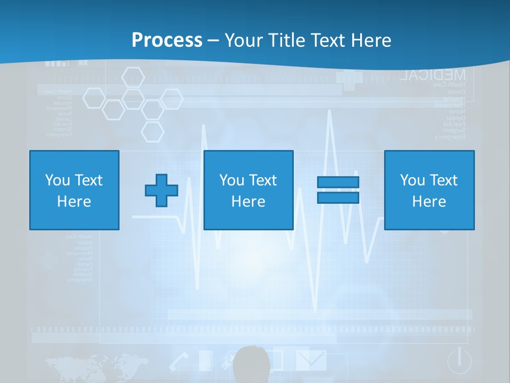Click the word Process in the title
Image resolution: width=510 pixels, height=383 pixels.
pos(167,40)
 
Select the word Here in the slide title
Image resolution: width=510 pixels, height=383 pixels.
pos(370,40)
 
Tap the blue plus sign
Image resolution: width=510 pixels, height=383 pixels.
pos(161,190)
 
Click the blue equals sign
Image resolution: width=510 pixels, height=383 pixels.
pos(338,190)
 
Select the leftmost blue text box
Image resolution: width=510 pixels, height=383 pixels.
pos(74,190)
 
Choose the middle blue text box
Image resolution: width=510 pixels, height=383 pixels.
pos(248,190)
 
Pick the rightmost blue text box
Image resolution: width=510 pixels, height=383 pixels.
pos(429,190)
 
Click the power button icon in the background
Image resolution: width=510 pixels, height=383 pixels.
pos(459,361)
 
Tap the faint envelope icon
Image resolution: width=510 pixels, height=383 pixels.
pos(311,360)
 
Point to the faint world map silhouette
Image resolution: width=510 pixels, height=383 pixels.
pos(96,366)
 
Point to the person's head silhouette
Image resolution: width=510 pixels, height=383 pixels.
pos(251,364)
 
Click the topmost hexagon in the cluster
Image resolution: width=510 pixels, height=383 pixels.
pos(133,77)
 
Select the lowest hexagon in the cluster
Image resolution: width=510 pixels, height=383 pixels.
pos(152,131)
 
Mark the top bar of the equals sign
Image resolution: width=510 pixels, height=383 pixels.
pos(338,182)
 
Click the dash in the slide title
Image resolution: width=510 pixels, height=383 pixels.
pos(214,40)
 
